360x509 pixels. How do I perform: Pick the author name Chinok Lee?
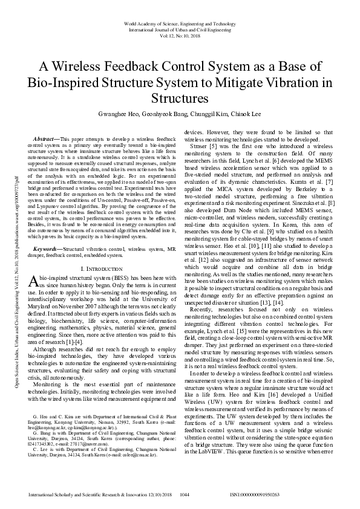click(246, 114)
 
